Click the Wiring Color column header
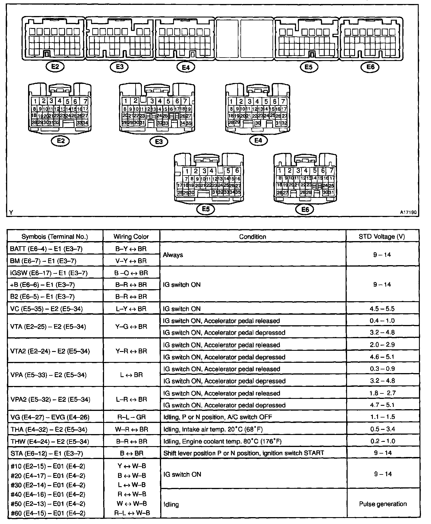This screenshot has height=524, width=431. (131, 237)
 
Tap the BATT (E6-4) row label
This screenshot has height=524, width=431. (46, 249)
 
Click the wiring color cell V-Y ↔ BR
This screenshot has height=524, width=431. (131, 261)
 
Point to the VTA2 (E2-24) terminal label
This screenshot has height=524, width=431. (50, 351)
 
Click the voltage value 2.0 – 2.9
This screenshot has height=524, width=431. (382, 345)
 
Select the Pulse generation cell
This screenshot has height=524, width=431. (383, 504)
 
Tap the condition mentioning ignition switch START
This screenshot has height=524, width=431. (244, 453)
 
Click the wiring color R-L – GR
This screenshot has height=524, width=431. (131, 417)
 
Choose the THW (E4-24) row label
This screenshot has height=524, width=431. (50, 441)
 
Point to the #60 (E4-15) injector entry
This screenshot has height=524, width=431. (48, 513)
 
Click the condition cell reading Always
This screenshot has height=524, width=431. (173, 255)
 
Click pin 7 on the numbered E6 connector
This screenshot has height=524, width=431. (332, 171)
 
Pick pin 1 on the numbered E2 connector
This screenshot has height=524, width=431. (35, 101)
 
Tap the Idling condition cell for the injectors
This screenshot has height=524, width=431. (171, 504)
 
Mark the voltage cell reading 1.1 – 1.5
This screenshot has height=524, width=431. (382, 417)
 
